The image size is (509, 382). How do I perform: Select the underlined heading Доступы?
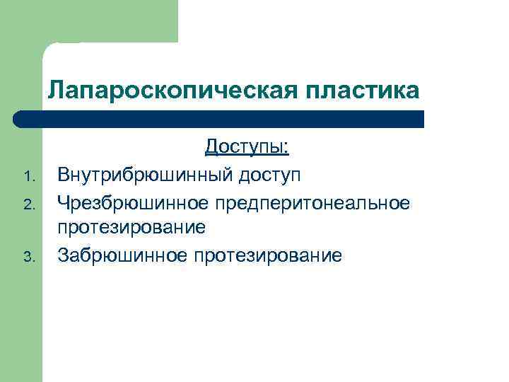[247, 147]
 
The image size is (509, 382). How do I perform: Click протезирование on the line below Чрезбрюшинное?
[131, 228]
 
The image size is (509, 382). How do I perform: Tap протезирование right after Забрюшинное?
[268, 255]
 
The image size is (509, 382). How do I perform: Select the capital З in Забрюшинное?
[63, 255]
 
